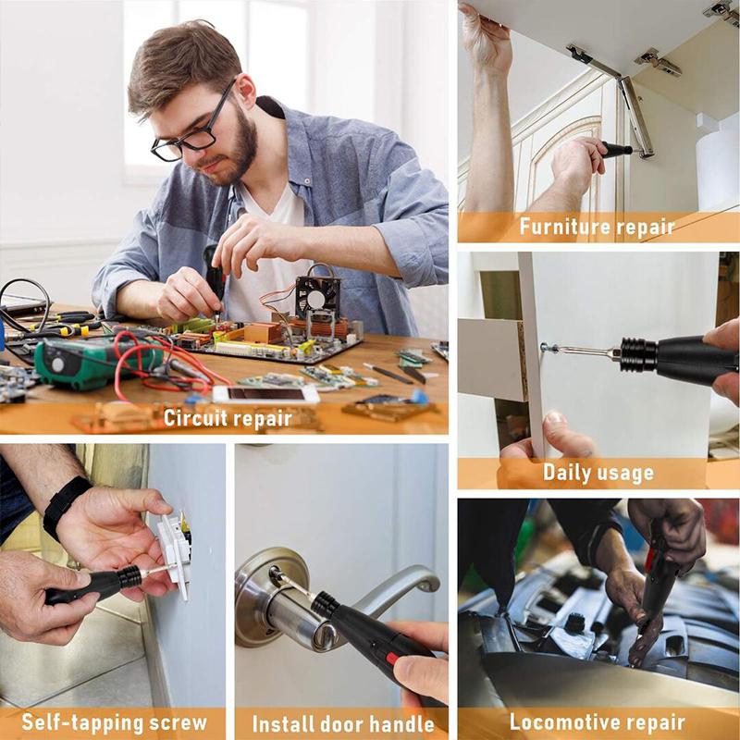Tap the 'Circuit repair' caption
pos(226,417)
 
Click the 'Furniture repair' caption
pos(597,226)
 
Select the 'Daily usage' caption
pos(598,473)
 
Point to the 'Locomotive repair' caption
pos(598,722)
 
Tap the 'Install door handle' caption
pos(343,722)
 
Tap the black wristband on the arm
pos(66,504)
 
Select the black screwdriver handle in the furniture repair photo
pos(615,149)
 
